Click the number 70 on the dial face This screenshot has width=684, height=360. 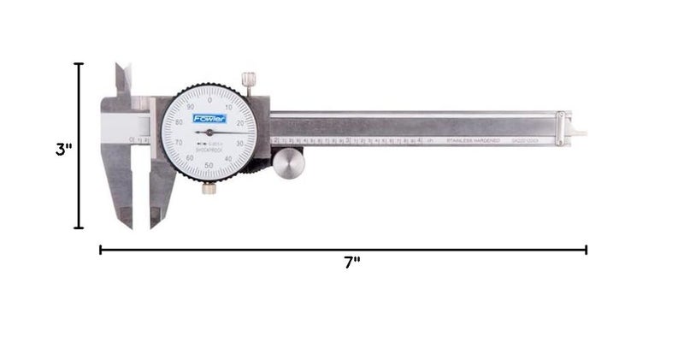pyautogui.click(x=179, y=142)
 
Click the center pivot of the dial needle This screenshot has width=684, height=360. pyautogui.click(x=209, y=133)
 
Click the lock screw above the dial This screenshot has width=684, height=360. pyautogui.click(x=249, y=81)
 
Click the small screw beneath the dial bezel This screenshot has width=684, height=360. pyautogui.click(x=208, y=188)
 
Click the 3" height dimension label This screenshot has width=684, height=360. pyautogui.click(x=63, y=149)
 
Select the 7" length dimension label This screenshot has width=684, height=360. pyautogui.click(x=351, y=263)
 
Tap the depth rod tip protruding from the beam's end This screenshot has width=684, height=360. pyautogui.click(x=580, y=134)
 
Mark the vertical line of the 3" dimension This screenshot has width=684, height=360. pyautogui.click(x=80, y=145)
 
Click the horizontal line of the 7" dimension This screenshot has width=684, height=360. pyautogui.click(x=342, y=250)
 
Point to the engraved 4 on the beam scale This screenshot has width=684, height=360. pyautogui.click(x=419, y=139)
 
